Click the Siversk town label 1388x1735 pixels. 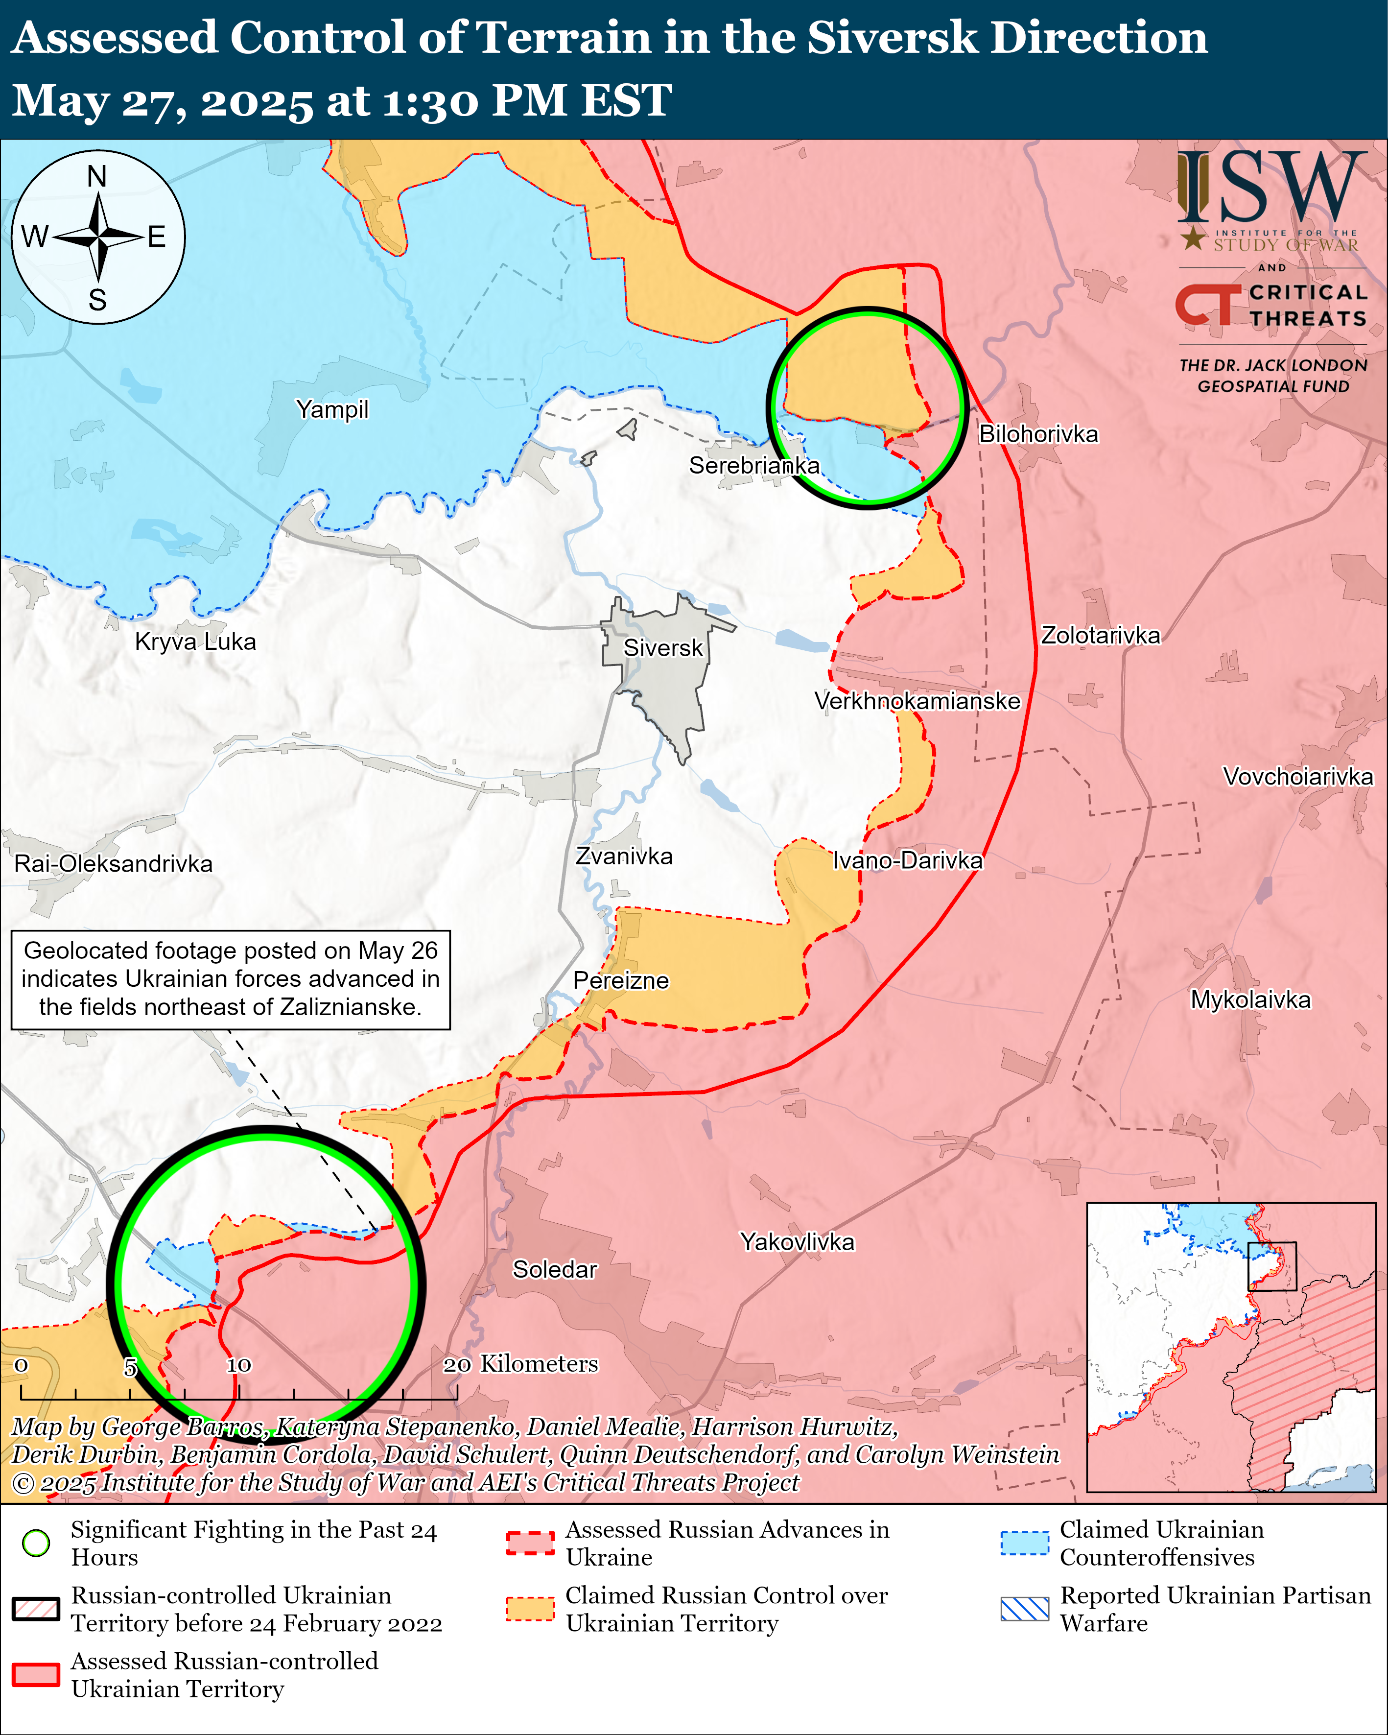[663, 648]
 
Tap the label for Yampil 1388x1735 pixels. [331, 409]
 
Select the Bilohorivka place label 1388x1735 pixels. [1038, 434]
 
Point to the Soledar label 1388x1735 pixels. [554, 1270]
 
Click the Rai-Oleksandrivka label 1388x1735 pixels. [114, 864]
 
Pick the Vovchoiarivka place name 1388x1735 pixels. [1297, 777]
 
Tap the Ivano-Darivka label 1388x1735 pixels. [907, 861]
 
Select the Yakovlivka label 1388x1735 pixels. [797, 1242]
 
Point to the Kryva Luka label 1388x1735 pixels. [195, 642]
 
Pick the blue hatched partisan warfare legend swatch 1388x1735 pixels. [1024, 1610]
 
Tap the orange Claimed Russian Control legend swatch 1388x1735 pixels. [530, 1610]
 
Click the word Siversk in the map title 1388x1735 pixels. [893, 39]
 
